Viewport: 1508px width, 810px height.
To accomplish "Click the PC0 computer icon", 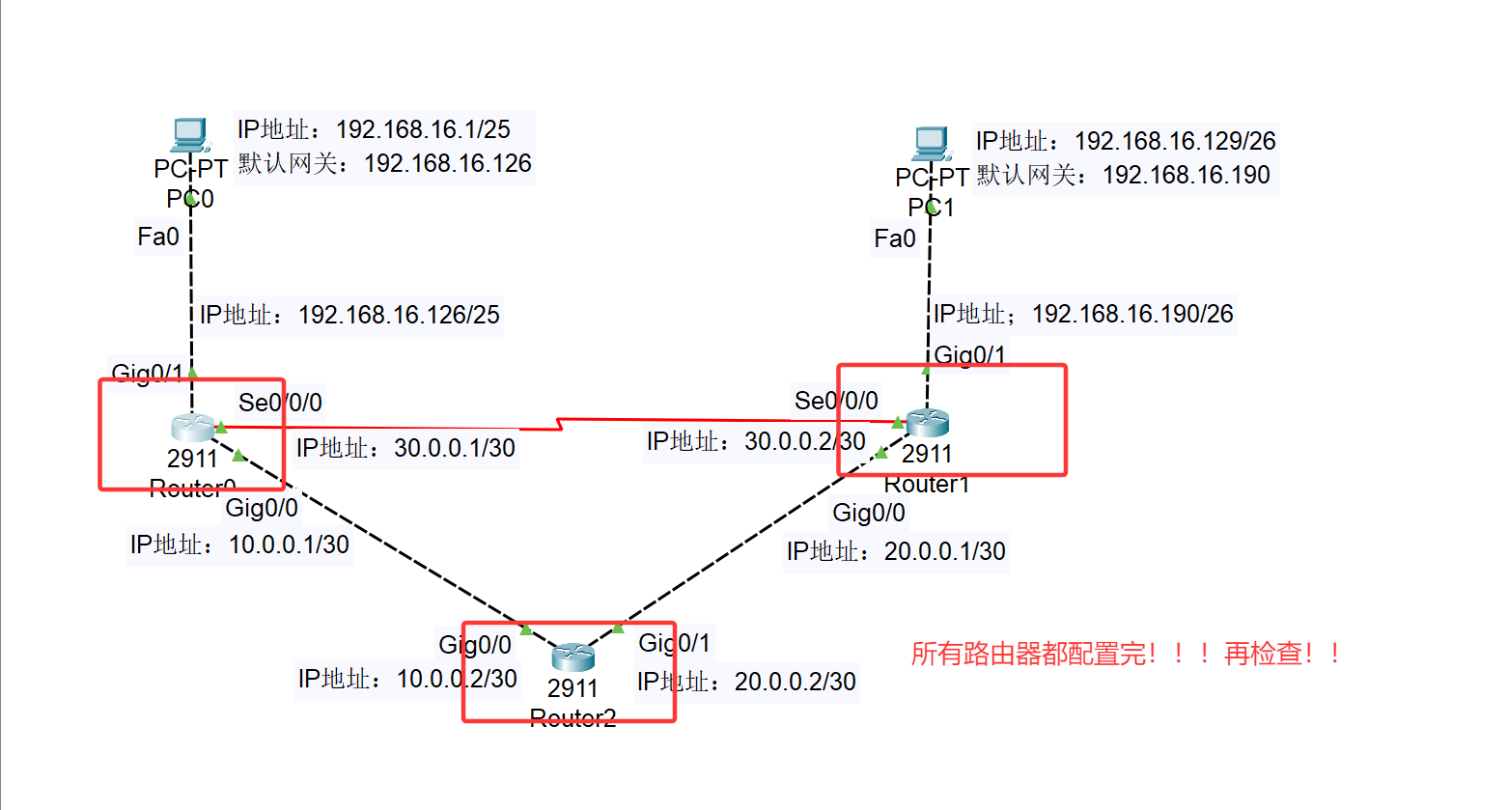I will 189,135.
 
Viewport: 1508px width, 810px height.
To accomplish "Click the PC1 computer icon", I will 931,144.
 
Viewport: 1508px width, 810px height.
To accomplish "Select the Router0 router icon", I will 192,427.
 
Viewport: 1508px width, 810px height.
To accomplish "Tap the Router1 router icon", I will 928,422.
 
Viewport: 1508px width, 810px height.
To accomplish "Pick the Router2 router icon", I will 573,656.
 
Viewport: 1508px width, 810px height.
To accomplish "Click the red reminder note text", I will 1126,654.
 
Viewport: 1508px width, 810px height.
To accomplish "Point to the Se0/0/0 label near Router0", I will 280,402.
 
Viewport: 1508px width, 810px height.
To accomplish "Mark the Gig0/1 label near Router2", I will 674,643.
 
